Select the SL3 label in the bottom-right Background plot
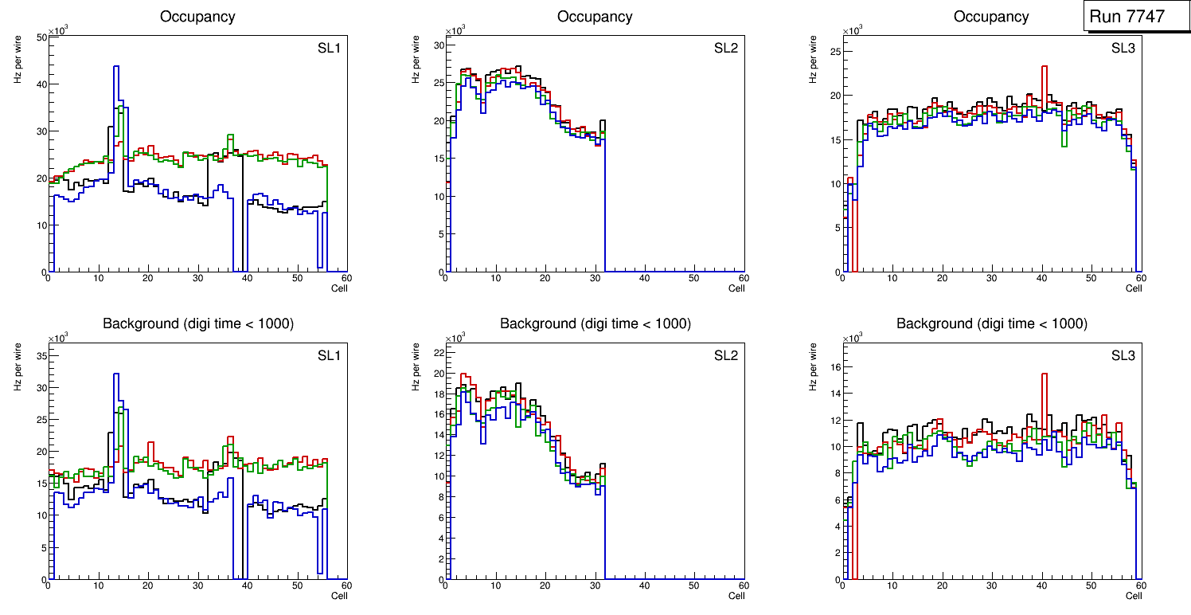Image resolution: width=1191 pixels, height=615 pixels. coord(1123,355)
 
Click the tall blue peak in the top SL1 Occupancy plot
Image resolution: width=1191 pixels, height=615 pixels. coord(116,69)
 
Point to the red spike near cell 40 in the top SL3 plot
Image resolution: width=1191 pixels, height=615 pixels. coord(1044,69)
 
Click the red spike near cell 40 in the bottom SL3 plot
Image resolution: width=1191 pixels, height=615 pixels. coord(1044,375)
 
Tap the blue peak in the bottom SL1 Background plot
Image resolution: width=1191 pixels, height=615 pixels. coord(116,375)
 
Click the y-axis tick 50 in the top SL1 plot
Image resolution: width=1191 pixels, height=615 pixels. coord(41,37)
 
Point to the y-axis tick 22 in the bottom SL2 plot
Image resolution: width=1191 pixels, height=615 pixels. coord(438,352)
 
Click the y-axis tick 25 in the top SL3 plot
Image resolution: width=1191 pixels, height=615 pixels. coord(835,52)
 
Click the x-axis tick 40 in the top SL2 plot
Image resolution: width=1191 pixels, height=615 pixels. coord(644,278)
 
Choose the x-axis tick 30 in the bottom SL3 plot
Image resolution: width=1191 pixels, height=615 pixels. coord(991,585)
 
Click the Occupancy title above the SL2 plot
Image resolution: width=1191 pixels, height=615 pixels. coord(595,17)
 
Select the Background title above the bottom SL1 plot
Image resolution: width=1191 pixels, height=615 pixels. coord(197,323)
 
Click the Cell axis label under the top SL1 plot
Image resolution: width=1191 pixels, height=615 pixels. coord(339,288)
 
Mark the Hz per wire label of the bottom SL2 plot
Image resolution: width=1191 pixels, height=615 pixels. coord(415,366)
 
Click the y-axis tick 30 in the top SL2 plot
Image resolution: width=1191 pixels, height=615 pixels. coord(438,45)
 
